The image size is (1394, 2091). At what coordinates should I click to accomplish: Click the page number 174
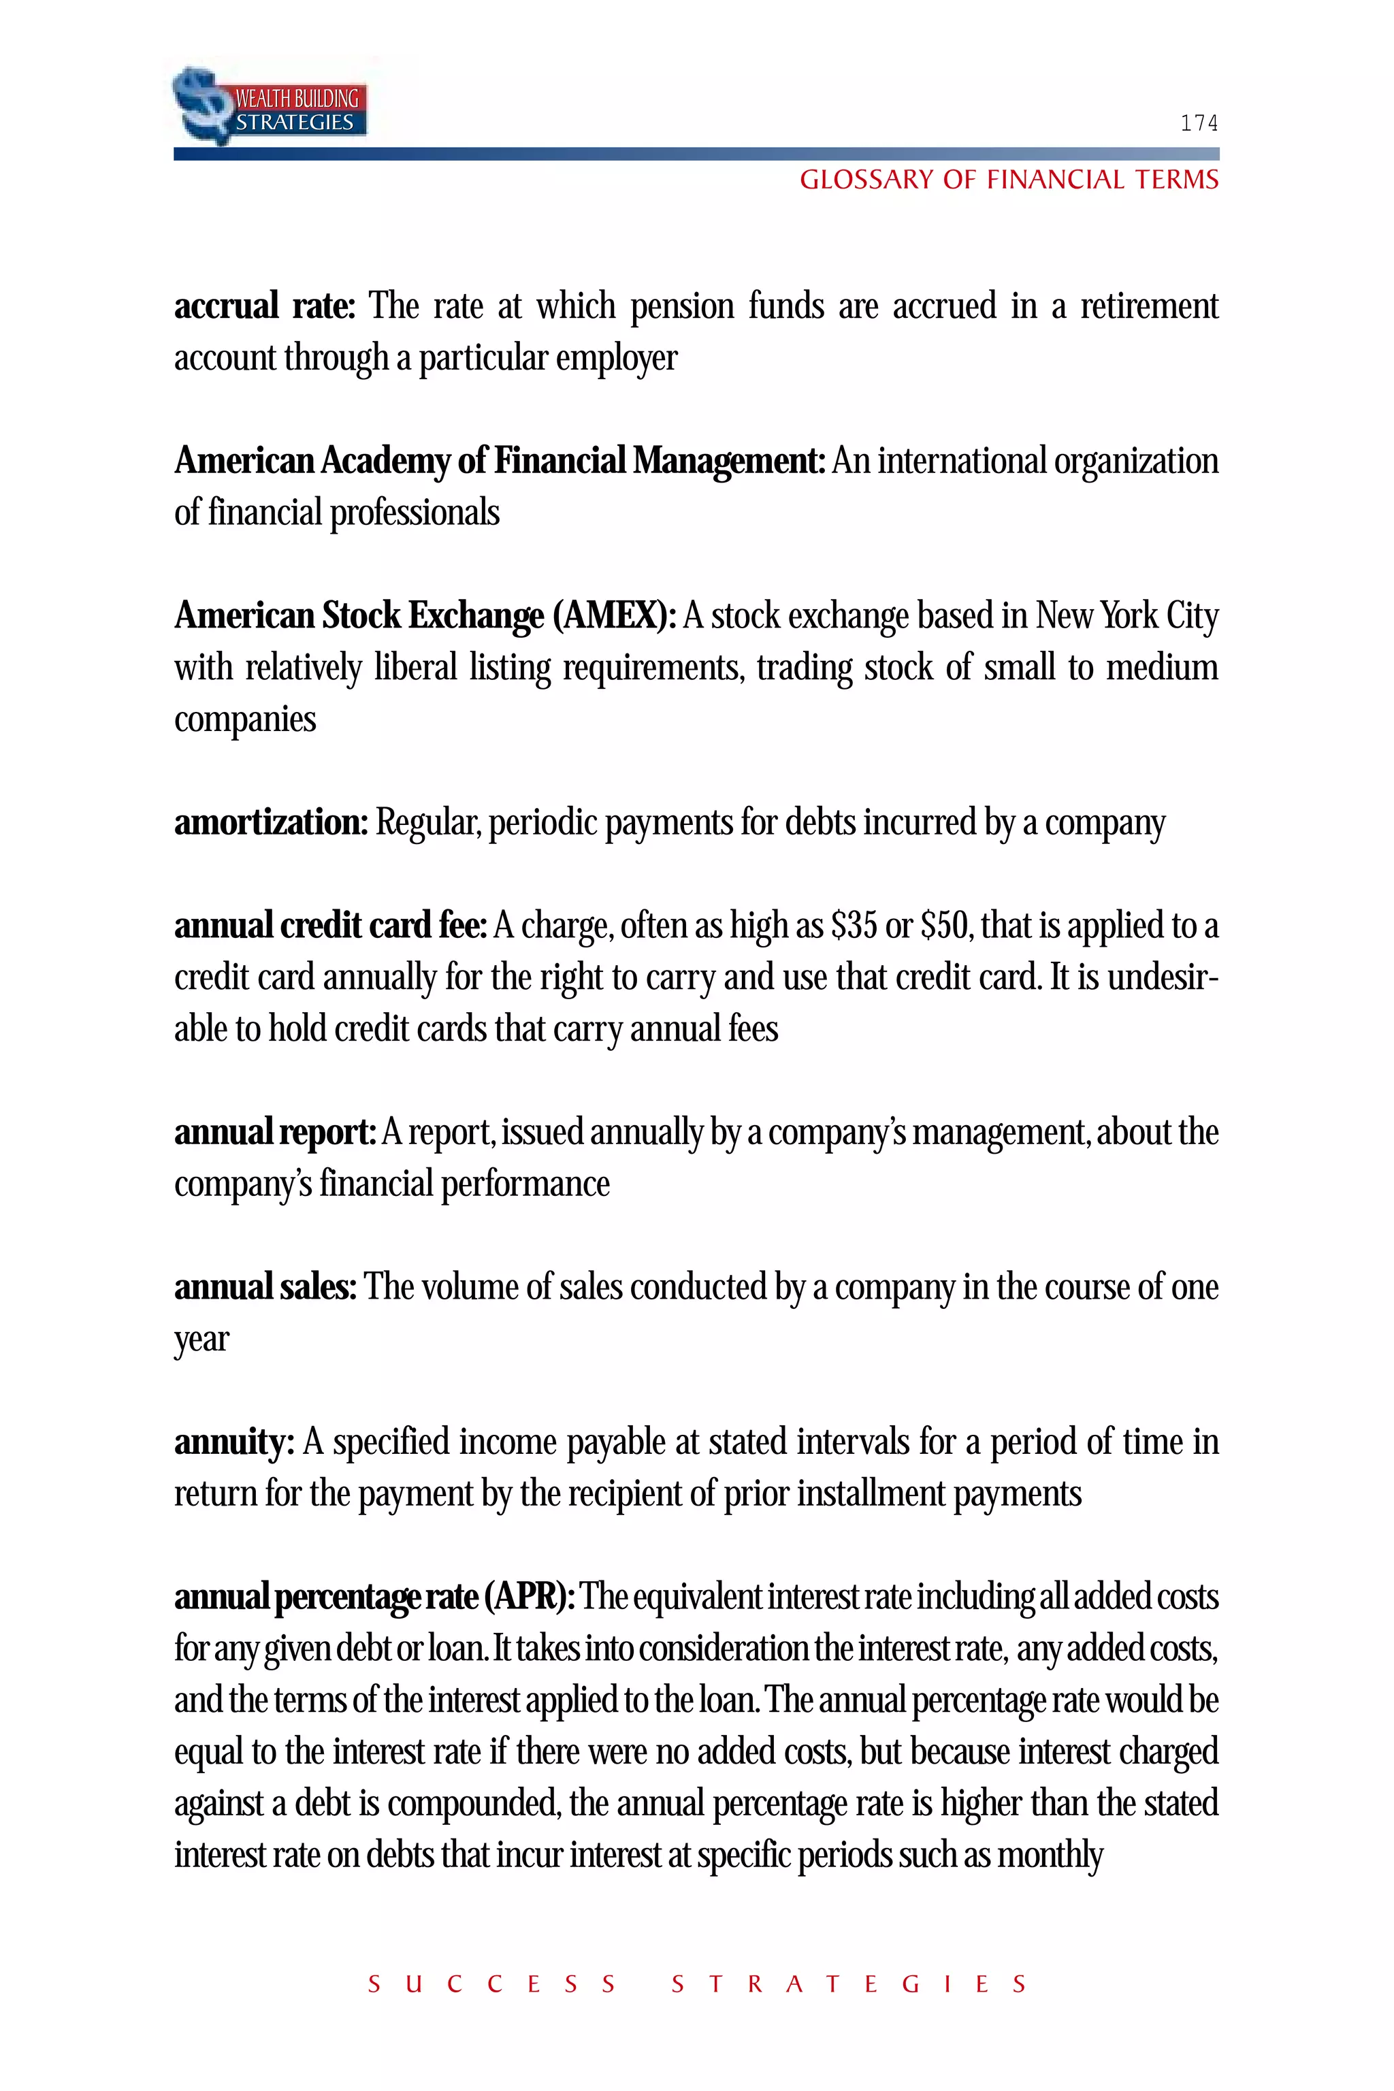1199,123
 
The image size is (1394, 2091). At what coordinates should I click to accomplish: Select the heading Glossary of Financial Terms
1008,180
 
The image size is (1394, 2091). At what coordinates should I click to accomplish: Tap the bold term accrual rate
264,306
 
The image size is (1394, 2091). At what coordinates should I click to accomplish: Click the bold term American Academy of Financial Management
500,461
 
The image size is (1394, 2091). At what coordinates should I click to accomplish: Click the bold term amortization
270,822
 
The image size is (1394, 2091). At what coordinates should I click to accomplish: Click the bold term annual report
275,1132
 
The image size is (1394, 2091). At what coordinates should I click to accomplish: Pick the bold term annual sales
265,1286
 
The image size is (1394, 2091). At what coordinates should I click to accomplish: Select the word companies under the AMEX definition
244,719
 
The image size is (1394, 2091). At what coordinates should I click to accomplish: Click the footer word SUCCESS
491,1984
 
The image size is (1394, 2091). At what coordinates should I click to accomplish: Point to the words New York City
1126,615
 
